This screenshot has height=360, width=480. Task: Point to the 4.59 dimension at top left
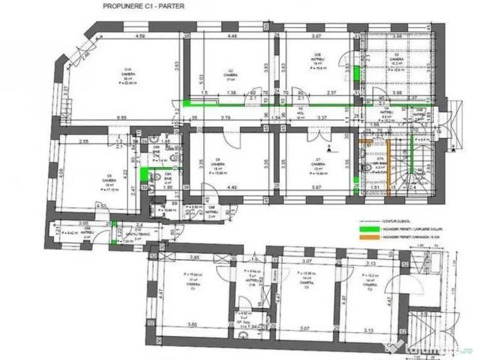(140, 36)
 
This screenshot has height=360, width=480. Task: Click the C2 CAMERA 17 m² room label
(230, 75)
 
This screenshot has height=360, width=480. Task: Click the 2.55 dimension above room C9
(83, 141)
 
